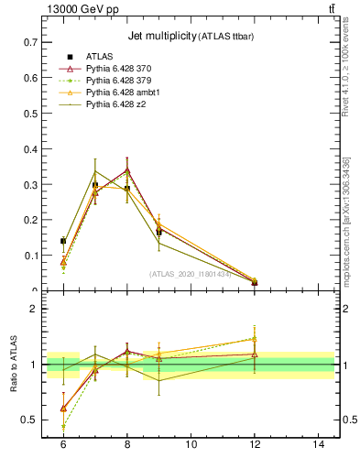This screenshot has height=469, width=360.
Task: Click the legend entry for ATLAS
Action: pyautogui.click(x=100, y=55)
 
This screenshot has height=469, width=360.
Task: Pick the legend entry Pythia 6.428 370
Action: pyautogui.click(x=125, y=68)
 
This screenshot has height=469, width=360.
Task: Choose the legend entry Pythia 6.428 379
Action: pyautogui.click(x=125, y=81)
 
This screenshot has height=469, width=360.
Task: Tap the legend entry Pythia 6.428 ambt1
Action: pyautogui.click(x=128, y=93)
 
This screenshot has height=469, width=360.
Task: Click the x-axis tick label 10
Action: pyautogui.click(x=191, y=444)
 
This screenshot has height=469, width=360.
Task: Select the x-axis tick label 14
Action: pyautogui.click(x=320, y=444)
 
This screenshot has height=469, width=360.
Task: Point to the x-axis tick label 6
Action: pyautogui.click(x=63, y=444)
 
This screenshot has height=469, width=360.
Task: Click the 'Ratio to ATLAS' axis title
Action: pyautogui.click(x=14, y=364)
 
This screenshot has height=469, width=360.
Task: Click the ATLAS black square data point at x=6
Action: pyautogui.click(x=63, y=241)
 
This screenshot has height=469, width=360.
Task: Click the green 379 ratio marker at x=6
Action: pyautogui.click(x=63, y=426)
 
